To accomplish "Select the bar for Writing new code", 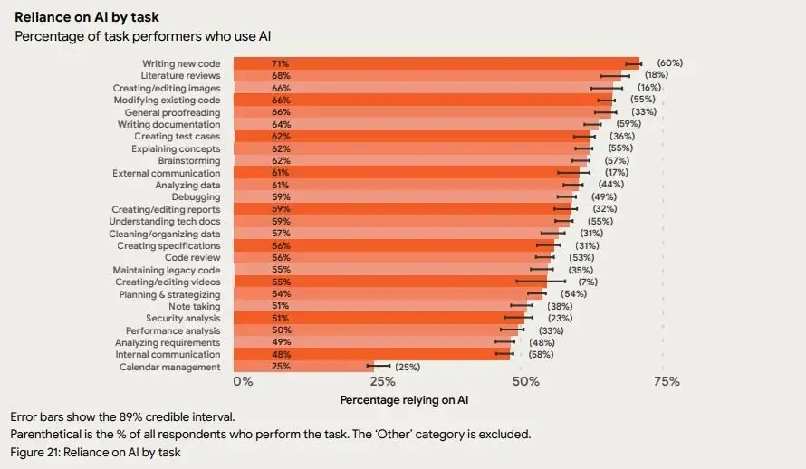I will tap(435, 63).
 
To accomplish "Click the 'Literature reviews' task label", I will tap(179, 76).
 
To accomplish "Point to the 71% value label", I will tap(280, 63).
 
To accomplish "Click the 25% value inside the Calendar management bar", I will tap(280, 367).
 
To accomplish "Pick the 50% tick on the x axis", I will tap(526, 382).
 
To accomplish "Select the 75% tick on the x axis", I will tap(667, 382).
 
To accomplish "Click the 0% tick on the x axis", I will tap(244, 382).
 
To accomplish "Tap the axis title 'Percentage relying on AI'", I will tap(404, 399).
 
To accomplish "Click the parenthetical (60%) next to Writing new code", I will tap(669, 63).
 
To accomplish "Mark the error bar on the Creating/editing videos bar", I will tap(541, 282).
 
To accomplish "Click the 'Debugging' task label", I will tap(196, 197).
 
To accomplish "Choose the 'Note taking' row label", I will tap(194, 306).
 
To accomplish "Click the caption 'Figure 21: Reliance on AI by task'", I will tap(95, 452).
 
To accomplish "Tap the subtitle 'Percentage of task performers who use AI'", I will tap(142, 35).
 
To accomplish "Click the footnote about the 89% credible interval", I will tap(122, 416).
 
